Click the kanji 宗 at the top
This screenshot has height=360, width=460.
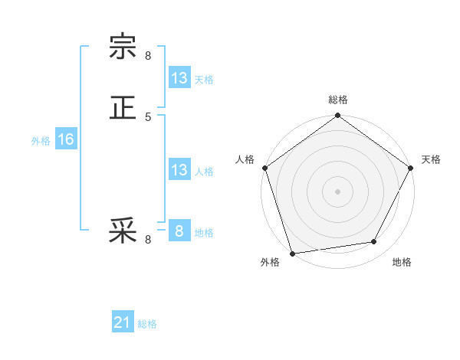(123, 47)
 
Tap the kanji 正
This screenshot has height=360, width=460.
(123, 107)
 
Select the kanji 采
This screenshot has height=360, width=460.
(123, 231)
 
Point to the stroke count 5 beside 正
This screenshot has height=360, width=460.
(148, 116)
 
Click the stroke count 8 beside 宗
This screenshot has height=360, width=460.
(148, 56)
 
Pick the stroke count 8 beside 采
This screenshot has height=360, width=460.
(148, 240)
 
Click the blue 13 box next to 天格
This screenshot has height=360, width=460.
(179, 78)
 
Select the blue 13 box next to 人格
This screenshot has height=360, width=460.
(179, 170)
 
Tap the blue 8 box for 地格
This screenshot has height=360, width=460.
(179, 231)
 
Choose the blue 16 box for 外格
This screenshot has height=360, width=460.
(66, 139)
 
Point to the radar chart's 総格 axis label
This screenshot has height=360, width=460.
(338, 100)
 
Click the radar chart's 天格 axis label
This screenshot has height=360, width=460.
(431, 159)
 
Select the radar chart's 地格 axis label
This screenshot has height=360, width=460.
(402, 263)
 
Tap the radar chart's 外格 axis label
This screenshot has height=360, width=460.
(270, 263)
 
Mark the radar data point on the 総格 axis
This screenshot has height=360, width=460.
(338, 116)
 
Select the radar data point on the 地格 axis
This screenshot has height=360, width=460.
(374, 242)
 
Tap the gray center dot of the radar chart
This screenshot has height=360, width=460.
(338, 191)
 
